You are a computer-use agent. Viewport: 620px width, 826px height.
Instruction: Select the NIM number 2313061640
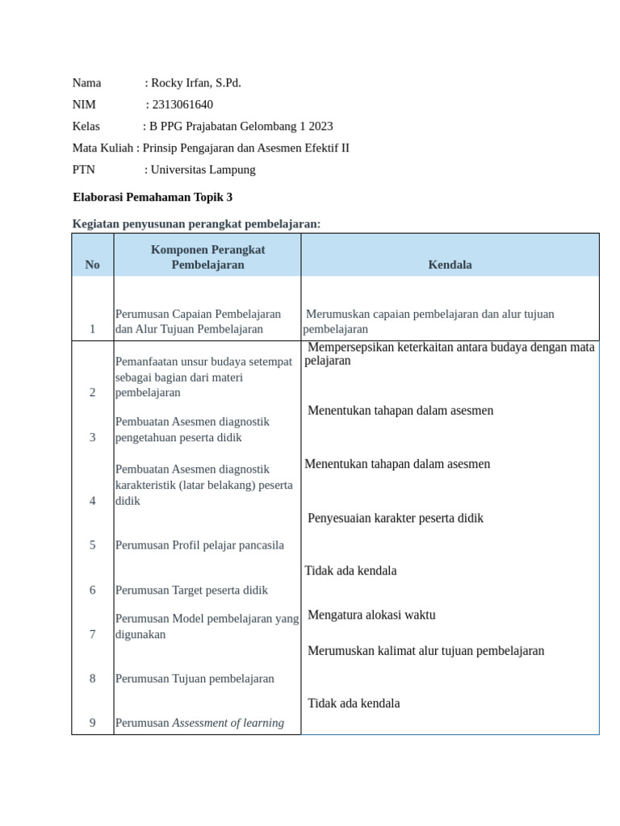click(x=182, y=105)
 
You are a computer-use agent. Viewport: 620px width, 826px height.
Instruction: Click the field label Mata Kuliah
click(x=103, y=148)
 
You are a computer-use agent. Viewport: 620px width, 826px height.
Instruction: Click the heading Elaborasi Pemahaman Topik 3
click(x=153, y=197)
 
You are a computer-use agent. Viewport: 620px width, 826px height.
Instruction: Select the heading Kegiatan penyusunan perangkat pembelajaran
click(x=196, y=223)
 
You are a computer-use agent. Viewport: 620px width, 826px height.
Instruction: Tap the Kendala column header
click(x=450, y=265)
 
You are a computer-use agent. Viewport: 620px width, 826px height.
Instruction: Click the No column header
click(x=93, y=265)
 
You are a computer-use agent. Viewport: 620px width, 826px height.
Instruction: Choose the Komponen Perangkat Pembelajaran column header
click(x=207, y=257)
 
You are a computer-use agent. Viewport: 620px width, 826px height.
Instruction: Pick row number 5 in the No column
click(x=93, y=545)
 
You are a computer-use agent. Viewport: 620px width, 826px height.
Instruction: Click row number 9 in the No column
click(x=93, y=723)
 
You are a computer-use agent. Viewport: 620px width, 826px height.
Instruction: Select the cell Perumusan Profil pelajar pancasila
click(x=199, y=545)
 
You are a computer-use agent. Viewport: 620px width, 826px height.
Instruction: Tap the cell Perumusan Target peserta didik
click(x=191, y=590)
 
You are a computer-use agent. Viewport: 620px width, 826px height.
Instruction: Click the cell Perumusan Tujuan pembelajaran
click(x=195, y=678)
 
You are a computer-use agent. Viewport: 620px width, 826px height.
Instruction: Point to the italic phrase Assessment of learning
click(x=228, y=723)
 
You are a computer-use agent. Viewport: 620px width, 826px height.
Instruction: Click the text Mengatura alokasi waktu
click(x=371, y=615)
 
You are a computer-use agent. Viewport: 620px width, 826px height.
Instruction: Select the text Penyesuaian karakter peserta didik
click(x=396, y=518)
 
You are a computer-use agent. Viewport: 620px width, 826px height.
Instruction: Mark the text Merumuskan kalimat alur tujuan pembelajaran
click(x=426, y=651)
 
